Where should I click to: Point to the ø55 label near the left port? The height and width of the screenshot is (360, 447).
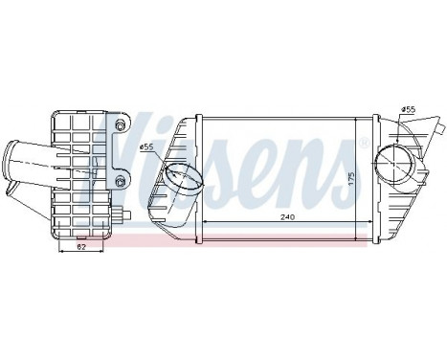(147, 147)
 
